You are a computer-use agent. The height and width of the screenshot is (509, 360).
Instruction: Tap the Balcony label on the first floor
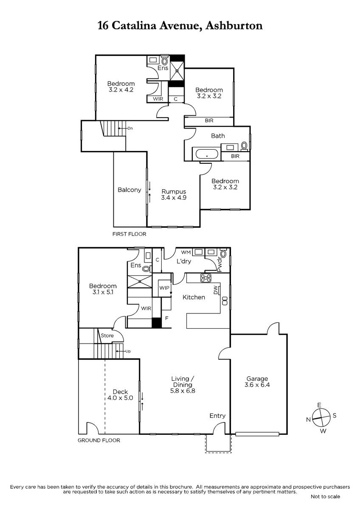coord(129,190)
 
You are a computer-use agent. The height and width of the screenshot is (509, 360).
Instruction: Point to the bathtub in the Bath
coord(206,154)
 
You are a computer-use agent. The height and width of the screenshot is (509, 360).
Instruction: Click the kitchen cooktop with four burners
coord(205,278)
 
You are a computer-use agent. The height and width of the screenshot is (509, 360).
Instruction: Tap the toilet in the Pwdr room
coord(224,253)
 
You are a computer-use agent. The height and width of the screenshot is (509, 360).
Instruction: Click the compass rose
coord(321,418)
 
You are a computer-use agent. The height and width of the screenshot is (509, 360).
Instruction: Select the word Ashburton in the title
coord(234,25)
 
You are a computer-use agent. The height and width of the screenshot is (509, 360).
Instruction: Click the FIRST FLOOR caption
coord(129,234)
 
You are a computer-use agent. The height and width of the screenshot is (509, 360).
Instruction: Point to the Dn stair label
coord(130,128)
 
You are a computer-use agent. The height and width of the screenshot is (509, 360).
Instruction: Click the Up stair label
coord(128,351)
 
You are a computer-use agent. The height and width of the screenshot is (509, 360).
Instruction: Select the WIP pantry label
coord(164,288)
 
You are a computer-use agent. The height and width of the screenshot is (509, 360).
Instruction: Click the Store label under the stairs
coord(107,336)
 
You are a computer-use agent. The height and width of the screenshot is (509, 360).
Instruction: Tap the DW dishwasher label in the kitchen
coord(216,292)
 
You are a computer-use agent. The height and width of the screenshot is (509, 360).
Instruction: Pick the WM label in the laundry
coord(186,252)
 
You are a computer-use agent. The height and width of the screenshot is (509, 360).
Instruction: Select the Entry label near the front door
coord(217,416)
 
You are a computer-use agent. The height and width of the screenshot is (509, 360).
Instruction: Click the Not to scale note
coord(325,503)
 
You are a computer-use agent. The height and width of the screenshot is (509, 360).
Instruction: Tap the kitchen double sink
coord(225,301)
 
